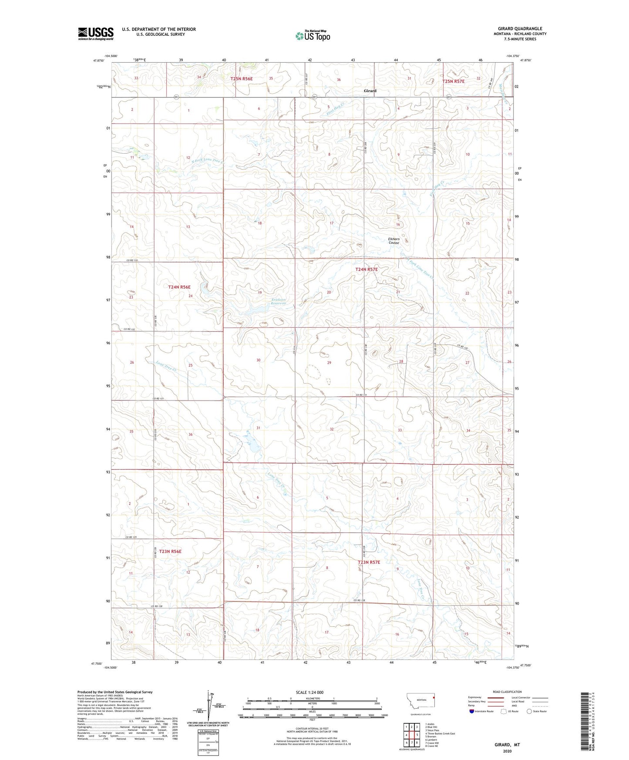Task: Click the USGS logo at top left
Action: (x=95, y=34)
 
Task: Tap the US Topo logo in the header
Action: (x=313, y=36)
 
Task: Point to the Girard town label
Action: (x=370, y=91)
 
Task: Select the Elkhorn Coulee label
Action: (x=394, y=241)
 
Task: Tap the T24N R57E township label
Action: (x=367, y=269)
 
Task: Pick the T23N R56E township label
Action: (x=170, y=552)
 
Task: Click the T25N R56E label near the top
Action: (x=242, y=79)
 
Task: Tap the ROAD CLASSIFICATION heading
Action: (x=507, y=692)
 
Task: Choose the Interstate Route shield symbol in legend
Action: (x=472, y=711)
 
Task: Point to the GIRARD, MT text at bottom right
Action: (x=507, y=745)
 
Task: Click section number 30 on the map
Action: (x=258, y=360)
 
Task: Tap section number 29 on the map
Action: (x=329, y=363)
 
